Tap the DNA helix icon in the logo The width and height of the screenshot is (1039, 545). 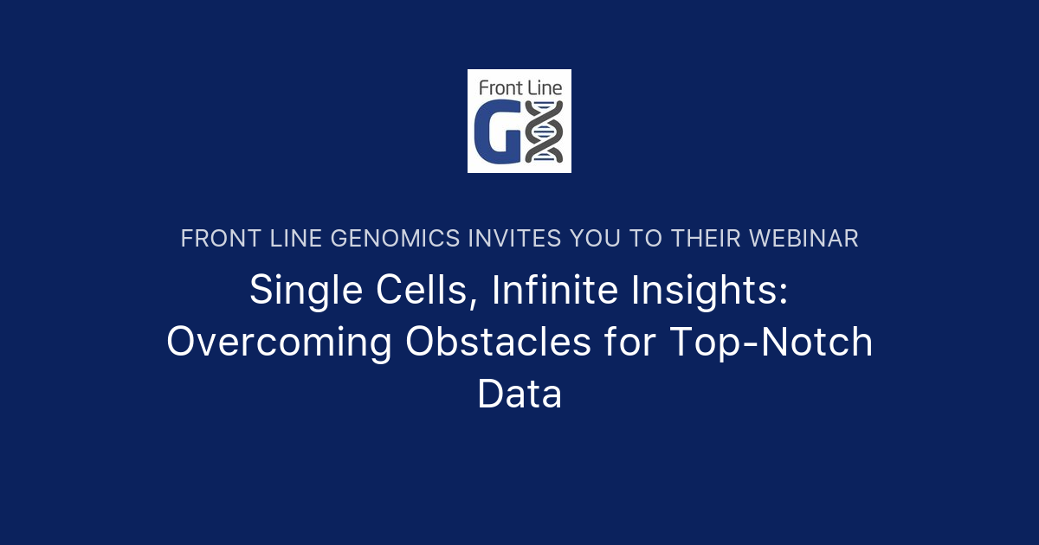545,131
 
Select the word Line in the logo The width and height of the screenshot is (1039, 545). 543,87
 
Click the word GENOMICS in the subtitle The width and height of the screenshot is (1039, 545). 396,239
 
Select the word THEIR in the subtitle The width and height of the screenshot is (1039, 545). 700,239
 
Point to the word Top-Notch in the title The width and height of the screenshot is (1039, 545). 771,343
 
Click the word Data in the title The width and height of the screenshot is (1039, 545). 519,394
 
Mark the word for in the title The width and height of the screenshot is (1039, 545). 636,343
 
